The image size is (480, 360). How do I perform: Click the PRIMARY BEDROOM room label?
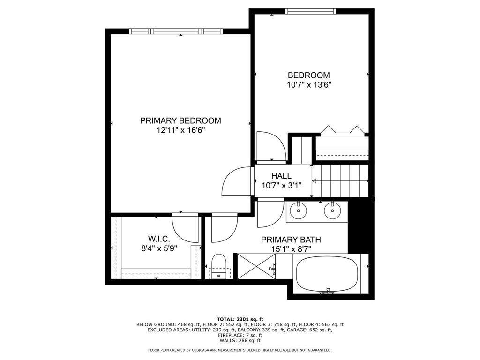click(x=180, y=120)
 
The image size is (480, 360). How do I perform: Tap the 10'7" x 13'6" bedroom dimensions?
click(x=309, y=85)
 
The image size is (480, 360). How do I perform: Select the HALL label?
click(x=281, y=176)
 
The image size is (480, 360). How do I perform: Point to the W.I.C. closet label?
click(x=159, y=239)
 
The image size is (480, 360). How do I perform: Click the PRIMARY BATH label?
click(x=291, y=240)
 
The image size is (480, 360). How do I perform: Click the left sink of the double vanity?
click(x=298, y=210)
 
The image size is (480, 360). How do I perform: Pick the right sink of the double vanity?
click(x=332, y=210)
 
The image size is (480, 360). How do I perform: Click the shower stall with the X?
click(x=256, y=266)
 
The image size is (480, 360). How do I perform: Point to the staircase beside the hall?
click(x=341, y=181)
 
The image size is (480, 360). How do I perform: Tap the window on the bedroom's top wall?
click(x=310, y=11)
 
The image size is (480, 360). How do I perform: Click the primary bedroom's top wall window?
click(x=176, y=31)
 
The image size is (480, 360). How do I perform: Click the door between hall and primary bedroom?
click(x=238, y=181)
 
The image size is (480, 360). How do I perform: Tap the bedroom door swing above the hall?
click(x=271, y=146)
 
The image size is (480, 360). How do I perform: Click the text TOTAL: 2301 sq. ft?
click(x=240, y=319)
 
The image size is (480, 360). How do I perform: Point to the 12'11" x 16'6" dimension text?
click(x=180, y=130)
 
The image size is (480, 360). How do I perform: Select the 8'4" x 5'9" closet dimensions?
click(x=159, y=248)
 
